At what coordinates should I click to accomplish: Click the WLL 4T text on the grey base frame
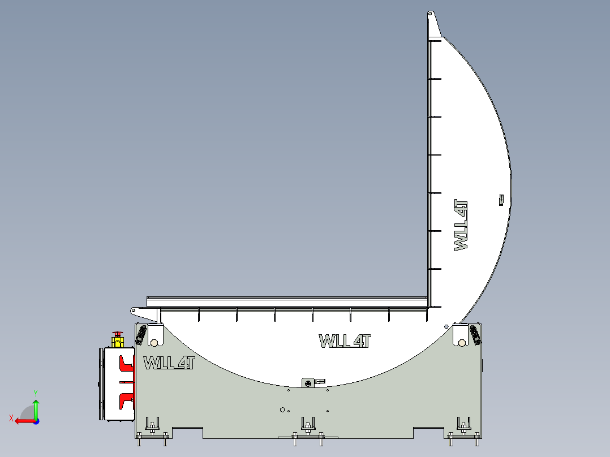point(169,363)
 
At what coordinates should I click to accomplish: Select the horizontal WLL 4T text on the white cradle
point(345,341)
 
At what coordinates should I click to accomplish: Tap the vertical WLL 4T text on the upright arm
point(462,225)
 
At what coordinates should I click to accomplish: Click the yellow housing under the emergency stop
point(118,342)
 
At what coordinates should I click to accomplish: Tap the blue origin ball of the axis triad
point(36,421)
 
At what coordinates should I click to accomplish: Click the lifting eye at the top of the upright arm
point(431,15)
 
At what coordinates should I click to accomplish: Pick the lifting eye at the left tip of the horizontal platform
point(134,311)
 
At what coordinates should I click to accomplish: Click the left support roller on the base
point(153,342)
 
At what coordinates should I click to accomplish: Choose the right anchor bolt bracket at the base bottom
point(463,426)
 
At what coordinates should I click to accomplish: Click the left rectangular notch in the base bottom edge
point(187,433)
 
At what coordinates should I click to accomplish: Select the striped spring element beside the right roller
point(475,334)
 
